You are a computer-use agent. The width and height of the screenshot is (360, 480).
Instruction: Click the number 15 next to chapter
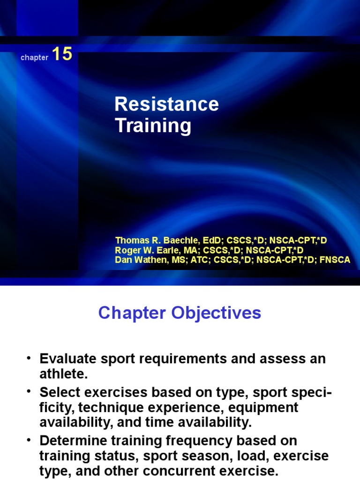tap(62, 54)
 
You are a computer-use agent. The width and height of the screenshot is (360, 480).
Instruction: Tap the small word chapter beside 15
tap(34, 58)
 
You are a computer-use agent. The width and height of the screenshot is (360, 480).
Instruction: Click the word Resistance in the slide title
tap(166, 104)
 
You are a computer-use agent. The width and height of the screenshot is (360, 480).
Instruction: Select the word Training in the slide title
tap(153, 126)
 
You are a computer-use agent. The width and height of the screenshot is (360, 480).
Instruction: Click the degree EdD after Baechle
tap(212, 240)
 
